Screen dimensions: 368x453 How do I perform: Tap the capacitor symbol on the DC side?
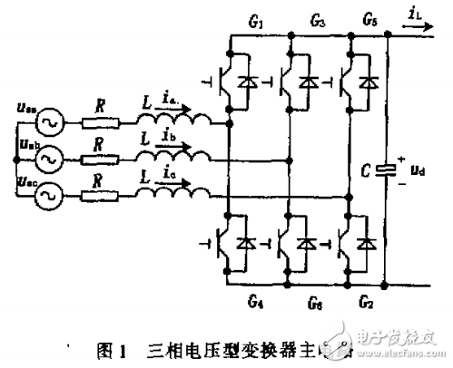point(389,168)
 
